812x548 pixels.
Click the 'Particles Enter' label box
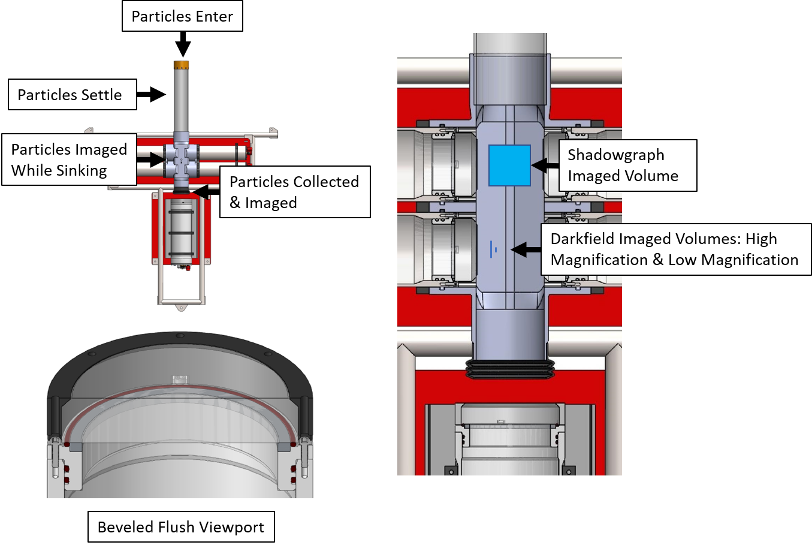pos(182,16)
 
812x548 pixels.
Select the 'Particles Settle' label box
pos(73,94)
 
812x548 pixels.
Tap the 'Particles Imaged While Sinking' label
pos(70,159)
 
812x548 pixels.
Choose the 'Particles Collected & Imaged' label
pos(295,192)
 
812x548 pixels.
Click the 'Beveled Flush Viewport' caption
pos(181,526)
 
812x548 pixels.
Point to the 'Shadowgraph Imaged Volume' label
pos(628,165)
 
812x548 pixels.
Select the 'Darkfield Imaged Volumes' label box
pos(676,249)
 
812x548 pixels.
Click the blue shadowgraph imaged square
pos(510,165)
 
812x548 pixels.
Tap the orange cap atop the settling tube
pos(181,65)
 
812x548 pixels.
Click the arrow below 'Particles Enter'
pos(183,44)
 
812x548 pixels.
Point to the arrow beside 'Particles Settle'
pos(152,94)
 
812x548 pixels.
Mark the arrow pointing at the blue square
pos(545,165)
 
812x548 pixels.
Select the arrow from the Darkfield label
pos(526,249)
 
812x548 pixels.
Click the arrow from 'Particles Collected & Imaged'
pos(206,191)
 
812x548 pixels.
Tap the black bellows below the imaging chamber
pos(510,369)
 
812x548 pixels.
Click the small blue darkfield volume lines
pos(493,249)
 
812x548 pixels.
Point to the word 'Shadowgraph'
pos(616,155)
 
